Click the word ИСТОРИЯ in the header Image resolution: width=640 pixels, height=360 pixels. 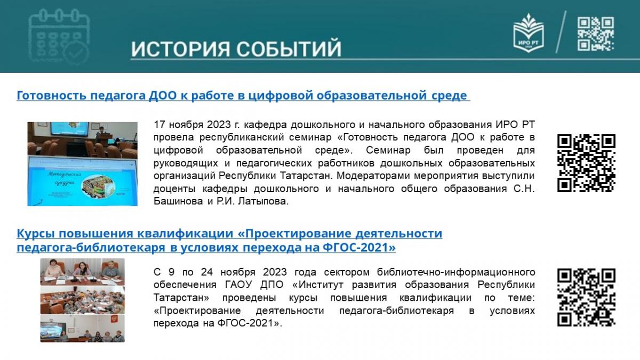point(181,49)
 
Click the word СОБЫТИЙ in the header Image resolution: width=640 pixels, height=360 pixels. point(289,49)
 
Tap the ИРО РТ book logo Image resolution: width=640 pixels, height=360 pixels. point(529,33)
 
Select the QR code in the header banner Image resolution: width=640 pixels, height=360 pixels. point(596,34)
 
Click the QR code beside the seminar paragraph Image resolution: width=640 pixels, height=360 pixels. point(586,163)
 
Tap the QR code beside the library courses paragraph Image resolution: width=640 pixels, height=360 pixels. point(586,298)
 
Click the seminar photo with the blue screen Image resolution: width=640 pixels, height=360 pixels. point(82,164)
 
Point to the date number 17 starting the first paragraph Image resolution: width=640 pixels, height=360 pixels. point(159,125)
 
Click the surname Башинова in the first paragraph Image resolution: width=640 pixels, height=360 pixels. point(178,201)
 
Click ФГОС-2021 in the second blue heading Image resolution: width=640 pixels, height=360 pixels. point(359,247)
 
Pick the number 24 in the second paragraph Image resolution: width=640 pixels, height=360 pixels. point(207,272)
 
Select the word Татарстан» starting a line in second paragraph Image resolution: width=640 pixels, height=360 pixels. point(181,298)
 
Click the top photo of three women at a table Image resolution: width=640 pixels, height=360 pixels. point(82,271)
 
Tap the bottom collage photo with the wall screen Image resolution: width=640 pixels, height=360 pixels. point(82,329)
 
